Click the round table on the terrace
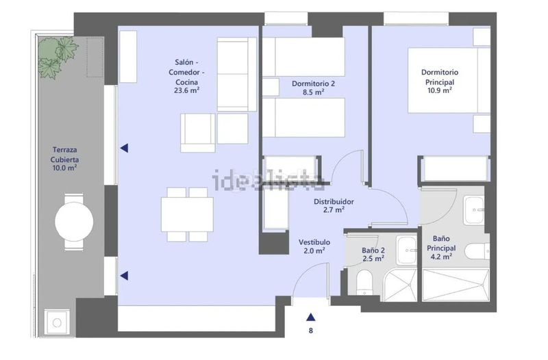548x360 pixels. click(74, 221)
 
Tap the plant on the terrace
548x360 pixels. click(57, 57)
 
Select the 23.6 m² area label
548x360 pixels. click(186, 90)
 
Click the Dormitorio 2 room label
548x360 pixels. click(313, 83)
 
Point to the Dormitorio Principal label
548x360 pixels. click(440, 77)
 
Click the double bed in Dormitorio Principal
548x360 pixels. click(449, 80)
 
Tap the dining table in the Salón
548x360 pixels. click(187, 214)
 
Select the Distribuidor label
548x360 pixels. click(334, 201)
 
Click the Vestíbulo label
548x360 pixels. click(314, 242)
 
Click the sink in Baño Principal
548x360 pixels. click(474, 211)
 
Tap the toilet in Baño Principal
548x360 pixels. click(477, 251)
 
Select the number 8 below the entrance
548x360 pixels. click(311, 331)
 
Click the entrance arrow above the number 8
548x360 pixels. click(311, 317)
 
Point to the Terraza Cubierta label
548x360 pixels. click(64, 155)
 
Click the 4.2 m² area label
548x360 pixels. click(441, 257)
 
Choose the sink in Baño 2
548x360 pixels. click(407, 250)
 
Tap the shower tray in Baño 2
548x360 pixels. click(401, 285)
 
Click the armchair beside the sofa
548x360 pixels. click(198, 133)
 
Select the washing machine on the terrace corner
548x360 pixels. click(57, 323)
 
